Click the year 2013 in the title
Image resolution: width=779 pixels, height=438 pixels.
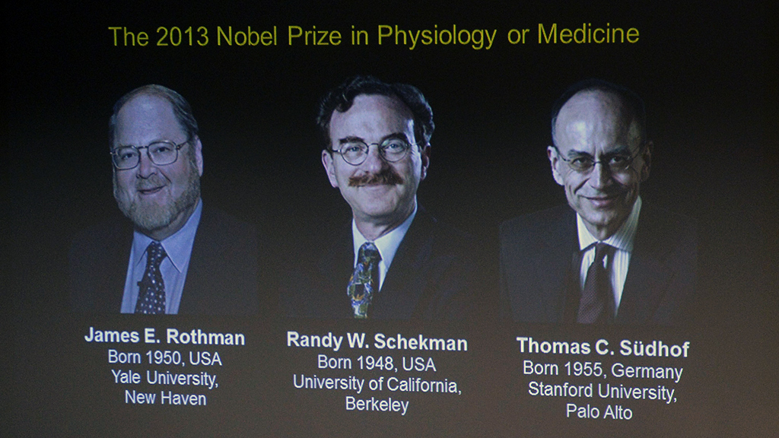[183, 36]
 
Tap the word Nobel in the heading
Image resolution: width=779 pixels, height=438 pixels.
[246, 36]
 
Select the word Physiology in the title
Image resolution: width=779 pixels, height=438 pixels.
[437, 36]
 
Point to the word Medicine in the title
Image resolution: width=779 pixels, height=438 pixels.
[588, 34]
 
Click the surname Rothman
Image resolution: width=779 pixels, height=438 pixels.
[205, 338]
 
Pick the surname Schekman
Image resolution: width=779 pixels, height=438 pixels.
[420, 343]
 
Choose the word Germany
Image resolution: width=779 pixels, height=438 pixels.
[647, 371]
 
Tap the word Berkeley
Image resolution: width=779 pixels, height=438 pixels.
[377, 405]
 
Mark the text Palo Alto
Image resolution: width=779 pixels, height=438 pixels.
[599, 411]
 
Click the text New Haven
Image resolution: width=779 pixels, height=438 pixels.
[165, 398]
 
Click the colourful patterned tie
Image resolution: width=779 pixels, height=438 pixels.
[364, 280]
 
